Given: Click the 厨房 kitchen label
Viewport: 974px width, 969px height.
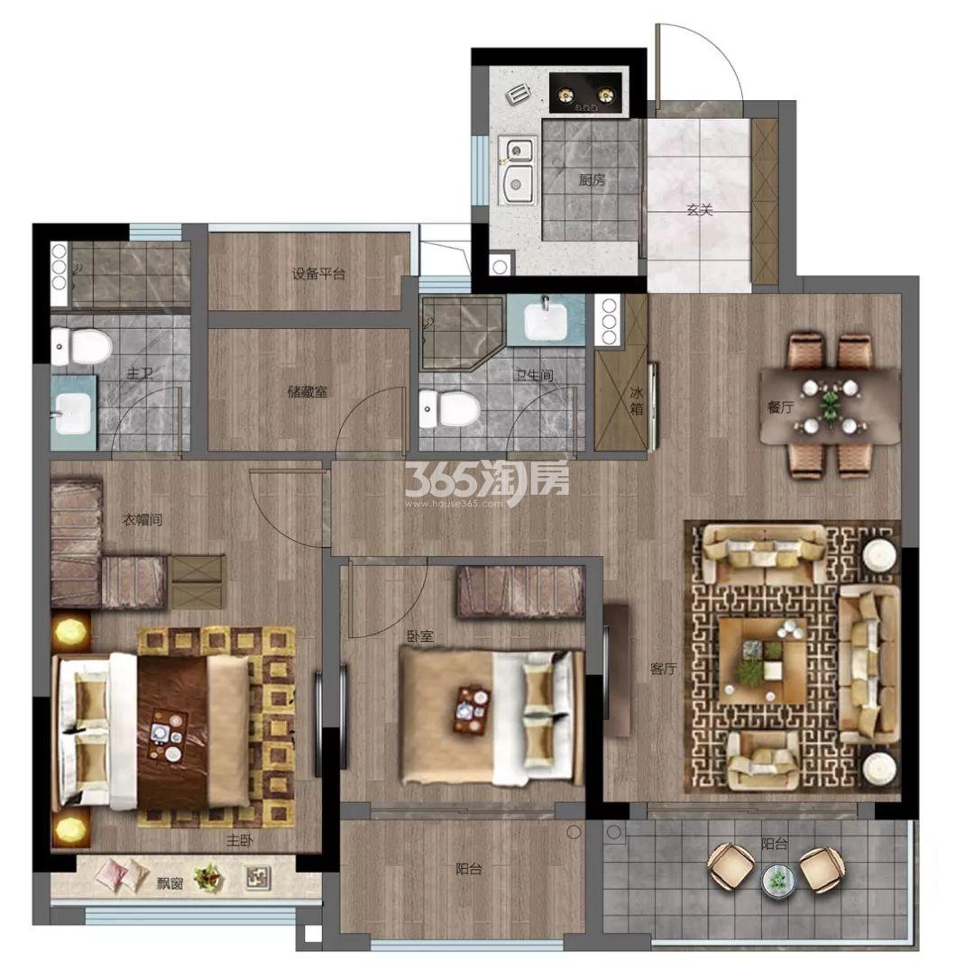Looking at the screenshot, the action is click(592, 180).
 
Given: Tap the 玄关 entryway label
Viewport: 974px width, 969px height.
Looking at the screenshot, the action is click(700, 210).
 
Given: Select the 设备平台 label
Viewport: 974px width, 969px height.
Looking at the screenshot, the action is click(318, 273).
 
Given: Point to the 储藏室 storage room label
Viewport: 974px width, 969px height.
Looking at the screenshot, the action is click(307, 392).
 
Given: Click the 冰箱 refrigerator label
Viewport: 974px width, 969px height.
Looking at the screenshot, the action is click(637, 400).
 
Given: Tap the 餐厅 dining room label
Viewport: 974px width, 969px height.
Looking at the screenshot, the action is click(781, 407).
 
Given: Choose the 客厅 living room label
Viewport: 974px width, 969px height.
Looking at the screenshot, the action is click(663, 669).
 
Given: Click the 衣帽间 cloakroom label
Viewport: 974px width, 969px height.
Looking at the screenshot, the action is click(142, 519).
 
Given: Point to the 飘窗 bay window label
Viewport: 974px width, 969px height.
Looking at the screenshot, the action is click(170, 882).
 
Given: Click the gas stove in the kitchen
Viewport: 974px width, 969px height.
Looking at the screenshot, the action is click(586, 93).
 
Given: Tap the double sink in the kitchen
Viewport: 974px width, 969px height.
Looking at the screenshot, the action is click(518, 170).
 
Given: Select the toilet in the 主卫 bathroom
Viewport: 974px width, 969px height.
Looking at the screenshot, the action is click(80, 346).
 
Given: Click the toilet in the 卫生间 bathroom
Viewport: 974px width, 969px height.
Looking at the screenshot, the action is click(449, 407).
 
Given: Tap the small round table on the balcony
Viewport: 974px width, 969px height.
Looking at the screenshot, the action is click(776, 881).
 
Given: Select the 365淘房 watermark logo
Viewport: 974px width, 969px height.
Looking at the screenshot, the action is click(487, 480).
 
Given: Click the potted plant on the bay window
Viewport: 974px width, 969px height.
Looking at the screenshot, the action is click(208, 878).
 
